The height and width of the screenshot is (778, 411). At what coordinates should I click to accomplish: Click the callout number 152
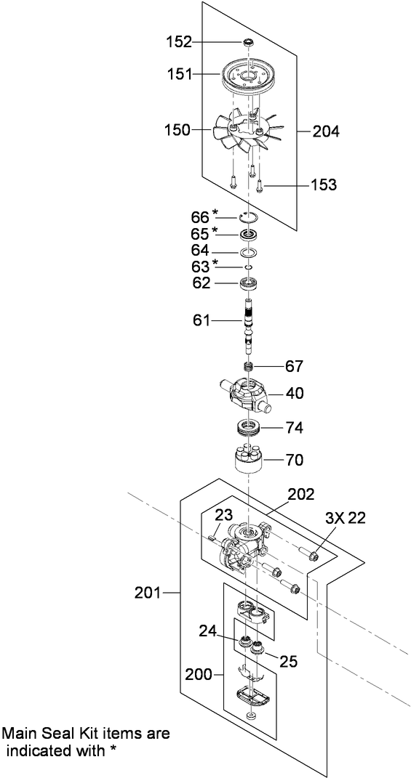click(x=177, y=42)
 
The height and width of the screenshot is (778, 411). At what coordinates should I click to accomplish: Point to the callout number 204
click(x=326, y=131)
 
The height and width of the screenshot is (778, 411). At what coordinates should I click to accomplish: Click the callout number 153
click(x=323, y=185)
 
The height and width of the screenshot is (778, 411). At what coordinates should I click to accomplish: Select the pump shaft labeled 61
click(x=250, y=320)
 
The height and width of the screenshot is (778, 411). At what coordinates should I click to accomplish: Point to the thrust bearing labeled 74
click(x=250, y=428)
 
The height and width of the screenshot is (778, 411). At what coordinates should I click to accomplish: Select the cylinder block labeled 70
click(x=250, y=460)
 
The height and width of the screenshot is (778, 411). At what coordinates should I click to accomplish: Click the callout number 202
click(x=300, y=495)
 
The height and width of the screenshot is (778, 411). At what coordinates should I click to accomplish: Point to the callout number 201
click(x=148, y=593)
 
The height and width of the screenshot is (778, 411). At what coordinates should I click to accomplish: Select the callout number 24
click(x=208, y=631)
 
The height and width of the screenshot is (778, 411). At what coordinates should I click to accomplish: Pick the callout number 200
click(x=199, y=675)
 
